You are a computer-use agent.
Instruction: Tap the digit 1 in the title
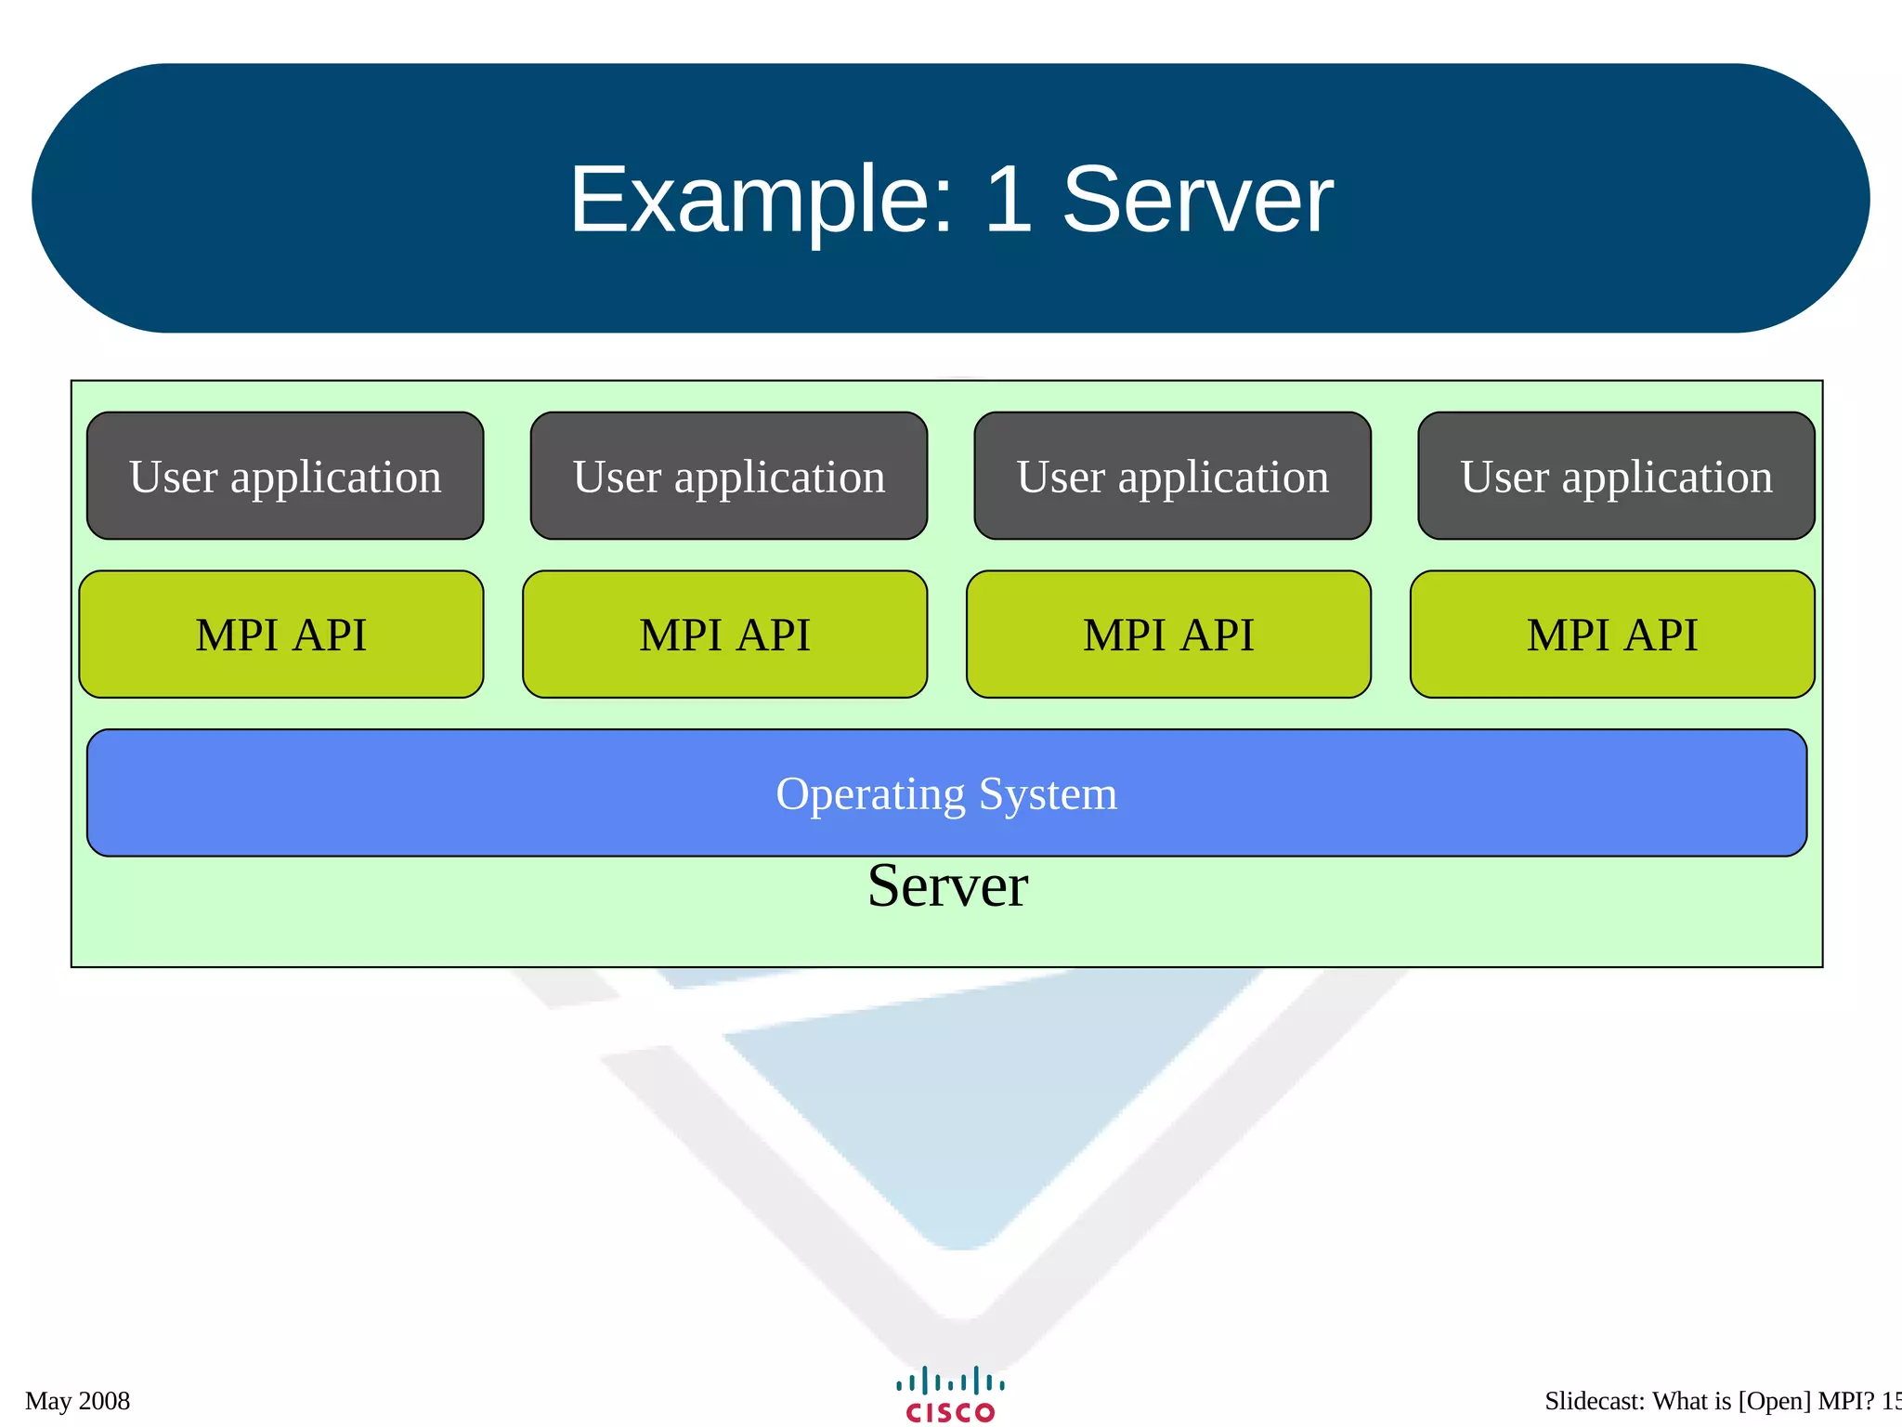tap(1008, 200)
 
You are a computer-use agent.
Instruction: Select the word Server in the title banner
tap(1198, 200)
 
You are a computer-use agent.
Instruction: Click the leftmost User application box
tap(285, 476)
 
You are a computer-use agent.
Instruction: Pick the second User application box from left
tap(729, 476)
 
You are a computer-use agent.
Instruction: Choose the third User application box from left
tap(1172, 476)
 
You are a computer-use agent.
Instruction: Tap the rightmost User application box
tap(1616, 476)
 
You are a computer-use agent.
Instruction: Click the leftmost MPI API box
tap(281, 635)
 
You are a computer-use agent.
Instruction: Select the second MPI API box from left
tap(724, 635)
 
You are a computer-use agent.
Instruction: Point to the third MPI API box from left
tap(1168, 635)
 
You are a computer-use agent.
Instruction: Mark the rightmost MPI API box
tap(1612, 635)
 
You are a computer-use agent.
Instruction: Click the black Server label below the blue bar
tap(947, 886)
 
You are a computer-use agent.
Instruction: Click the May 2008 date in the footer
tap(78, 1401)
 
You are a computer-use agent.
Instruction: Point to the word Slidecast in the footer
tap(1594, 1401)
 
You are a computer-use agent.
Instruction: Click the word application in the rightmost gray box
tap(1667, 478)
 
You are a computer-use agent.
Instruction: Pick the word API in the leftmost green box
tap(330, 635)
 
